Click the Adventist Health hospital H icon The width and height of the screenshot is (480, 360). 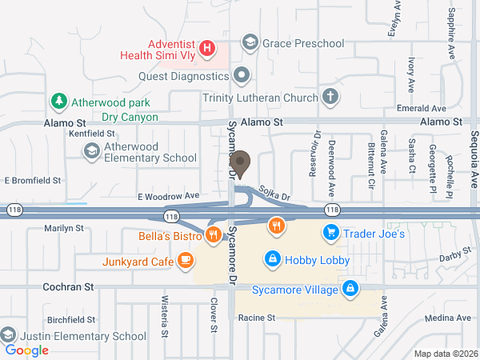207,49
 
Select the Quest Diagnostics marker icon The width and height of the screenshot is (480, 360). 242,77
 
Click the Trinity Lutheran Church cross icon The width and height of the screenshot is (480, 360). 329,98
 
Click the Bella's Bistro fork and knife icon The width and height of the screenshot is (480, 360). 212,234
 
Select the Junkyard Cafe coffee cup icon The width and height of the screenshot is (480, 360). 185,260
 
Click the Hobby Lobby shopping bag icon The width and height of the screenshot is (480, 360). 273,259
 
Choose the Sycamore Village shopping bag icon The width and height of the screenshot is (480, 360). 350,288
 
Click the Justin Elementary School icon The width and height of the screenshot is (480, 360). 8,334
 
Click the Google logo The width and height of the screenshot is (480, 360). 26,350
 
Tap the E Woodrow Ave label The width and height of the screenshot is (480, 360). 168,195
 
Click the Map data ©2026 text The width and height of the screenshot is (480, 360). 445,354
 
